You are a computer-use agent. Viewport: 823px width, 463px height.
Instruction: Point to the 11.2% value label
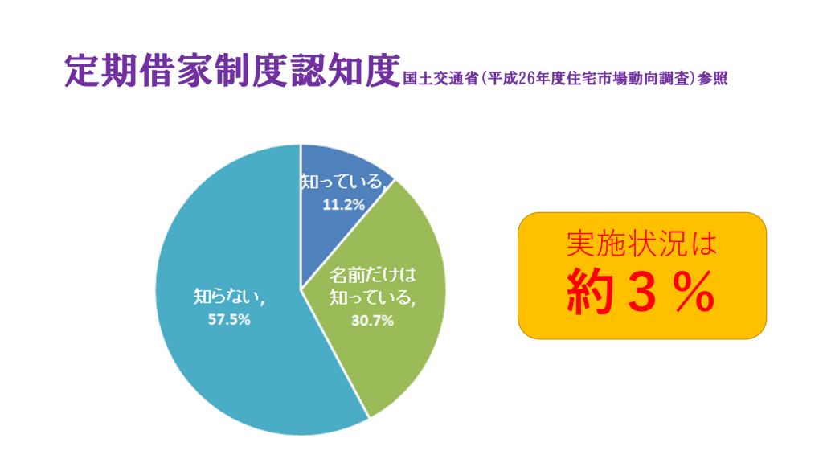coord(344,205)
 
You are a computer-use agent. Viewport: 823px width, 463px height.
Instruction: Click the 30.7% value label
coord(372,320)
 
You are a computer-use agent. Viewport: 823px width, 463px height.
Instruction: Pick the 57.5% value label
coord(229,319)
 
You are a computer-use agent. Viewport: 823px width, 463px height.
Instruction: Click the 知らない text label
coord(226,297)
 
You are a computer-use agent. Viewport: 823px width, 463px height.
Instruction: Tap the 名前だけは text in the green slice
coord(372,275)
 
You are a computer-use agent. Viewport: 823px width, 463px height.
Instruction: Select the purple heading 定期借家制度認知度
coord(232,71)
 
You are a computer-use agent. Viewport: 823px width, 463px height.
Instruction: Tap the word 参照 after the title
coord(713,79)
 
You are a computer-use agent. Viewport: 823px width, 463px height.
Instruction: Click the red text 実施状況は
coord(642,244)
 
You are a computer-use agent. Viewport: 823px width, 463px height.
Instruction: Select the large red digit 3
coord(642,292)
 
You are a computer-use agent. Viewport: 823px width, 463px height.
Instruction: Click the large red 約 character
coord(589,292)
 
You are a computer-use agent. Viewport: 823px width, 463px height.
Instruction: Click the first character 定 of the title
coord(83,71)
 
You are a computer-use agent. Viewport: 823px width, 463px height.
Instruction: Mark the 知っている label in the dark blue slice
coord(343,182)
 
